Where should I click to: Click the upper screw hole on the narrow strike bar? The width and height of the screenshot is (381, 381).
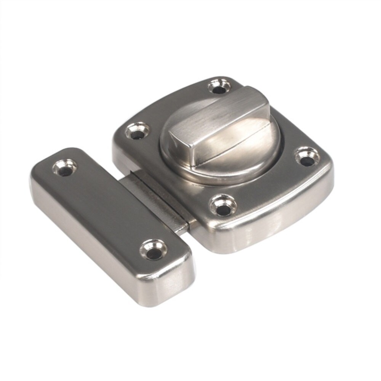pyautogui.click(x=65, y=168)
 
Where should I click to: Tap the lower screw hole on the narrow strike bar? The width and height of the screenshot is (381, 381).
pyautogui.click(x=153, y=250)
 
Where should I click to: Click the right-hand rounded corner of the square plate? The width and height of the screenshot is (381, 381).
pyautogui.click(x=324, y=168)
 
